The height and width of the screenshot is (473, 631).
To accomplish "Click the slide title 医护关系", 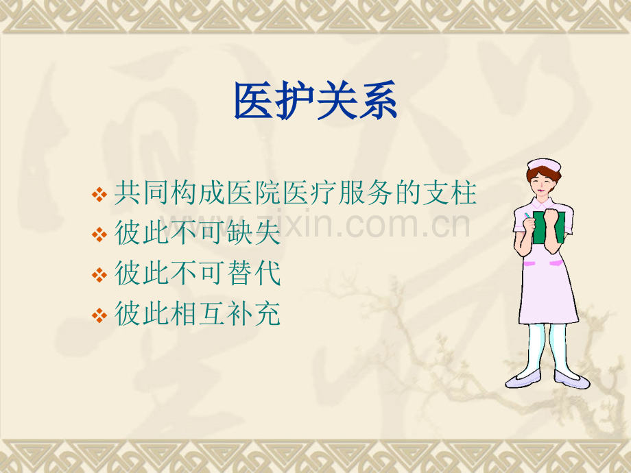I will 315,101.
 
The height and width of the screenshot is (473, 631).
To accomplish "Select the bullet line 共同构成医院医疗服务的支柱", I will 295,194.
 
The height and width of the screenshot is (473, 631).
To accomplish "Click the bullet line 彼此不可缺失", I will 198,234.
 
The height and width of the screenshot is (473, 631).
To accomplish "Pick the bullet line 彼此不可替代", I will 198,274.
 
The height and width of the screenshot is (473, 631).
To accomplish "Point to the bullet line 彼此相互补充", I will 198,315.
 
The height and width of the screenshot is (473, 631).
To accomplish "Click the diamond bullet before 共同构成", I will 99,195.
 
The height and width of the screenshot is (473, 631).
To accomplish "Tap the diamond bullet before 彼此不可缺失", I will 99,236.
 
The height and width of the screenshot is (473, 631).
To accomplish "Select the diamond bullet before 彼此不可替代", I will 99,276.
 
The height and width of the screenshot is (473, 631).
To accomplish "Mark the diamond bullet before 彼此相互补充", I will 99,316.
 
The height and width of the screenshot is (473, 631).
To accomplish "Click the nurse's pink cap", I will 543,165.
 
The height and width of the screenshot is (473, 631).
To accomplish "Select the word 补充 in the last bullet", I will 260,315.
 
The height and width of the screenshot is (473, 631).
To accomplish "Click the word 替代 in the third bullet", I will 260,274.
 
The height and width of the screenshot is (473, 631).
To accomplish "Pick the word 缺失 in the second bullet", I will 260,234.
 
